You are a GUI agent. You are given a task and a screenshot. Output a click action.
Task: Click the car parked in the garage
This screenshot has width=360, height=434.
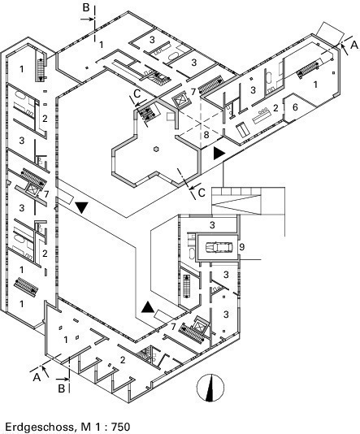(x=217, y=247)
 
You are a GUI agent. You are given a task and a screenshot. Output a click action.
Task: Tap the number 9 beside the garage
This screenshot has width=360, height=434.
(x=242, y=247)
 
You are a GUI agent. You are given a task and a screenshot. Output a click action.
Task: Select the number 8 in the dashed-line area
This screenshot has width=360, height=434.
(x=206, y=135)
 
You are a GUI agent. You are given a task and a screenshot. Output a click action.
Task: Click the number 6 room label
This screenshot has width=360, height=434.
(x=295, y=106)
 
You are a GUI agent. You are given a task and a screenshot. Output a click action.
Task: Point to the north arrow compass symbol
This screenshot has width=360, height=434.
(x=210, y=388)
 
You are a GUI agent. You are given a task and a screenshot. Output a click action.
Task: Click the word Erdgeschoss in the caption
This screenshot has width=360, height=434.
(x=39, y=427)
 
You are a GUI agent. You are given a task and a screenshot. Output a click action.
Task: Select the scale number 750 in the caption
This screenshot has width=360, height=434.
(x=121, y=426)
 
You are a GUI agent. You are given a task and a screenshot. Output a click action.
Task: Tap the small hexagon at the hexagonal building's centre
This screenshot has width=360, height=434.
(x=156, y=150)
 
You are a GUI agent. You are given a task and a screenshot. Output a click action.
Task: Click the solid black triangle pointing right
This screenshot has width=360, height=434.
(x=219, y=154)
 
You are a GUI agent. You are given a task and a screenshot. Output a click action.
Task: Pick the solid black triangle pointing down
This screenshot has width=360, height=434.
(x=81, y=207)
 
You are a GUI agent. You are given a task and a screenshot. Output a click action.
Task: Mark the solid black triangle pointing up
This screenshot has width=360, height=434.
(x=147, y=306)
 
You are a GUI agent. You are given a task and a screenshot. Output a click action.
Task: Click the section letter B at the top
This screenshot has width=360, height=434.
(x=86, y=7)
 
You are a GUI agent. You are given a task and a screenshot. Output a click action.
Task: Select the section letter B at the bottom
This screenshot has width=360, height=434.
(x=62, y=388)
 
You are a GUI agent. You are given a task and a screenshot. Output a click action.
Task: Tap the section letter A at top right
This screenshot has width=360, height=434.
(x=354, y=45)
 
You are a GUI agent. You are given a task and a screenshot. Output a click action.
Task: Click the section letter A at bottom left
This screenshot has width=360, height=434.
(x=37, y=377)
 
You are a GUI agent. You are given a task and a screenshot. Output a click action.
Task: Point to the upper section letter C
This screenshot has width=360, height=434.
(x=137, y=93)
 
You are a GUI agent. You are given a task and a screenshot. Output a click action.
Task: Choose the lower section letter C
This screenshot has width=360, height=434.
(x=202, y=193)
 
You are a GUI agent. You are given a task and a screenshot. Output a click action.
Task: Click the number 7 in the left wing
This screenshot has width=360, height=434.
(x=46, y=194)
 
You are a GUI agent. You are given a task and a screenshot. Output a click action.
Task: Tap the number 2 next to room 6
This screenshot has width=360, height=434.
(x=275, y=108)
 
